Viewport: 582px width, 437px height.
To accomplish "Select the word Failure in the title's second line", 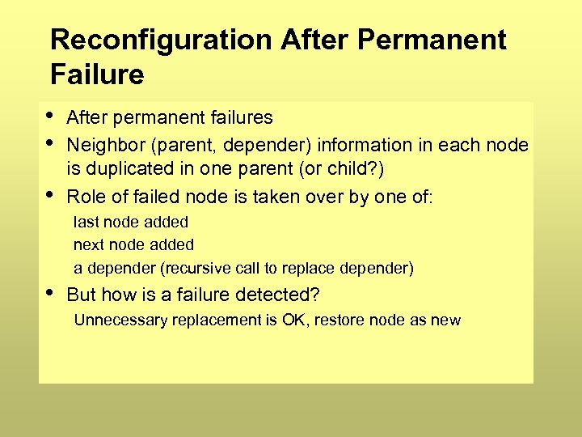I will click(x=97, y=75).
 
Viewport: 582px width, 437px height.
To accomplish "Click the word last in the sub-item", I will click(x=85, y=222).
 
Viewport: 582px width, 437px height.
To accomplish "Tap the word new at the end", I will click(x=445, y=320).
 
